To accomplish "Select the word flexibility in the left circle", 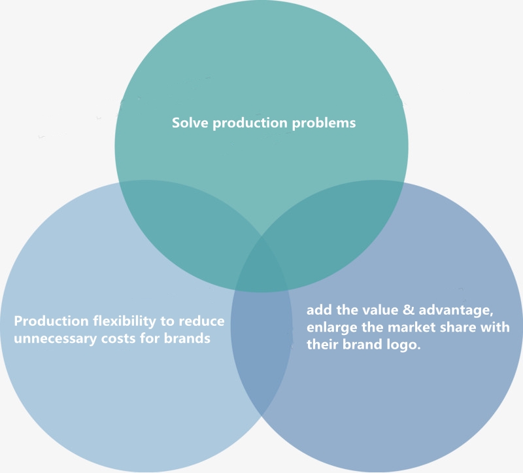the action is [x=124, y=321].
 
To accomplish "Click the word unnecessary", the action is [x=55, y=339].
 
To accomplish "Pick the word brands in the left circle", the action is [x=187, y=338].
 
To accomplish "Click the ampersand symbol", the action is [x=409, y=309].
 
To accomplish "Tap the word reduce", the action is [x=201, y=321].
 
